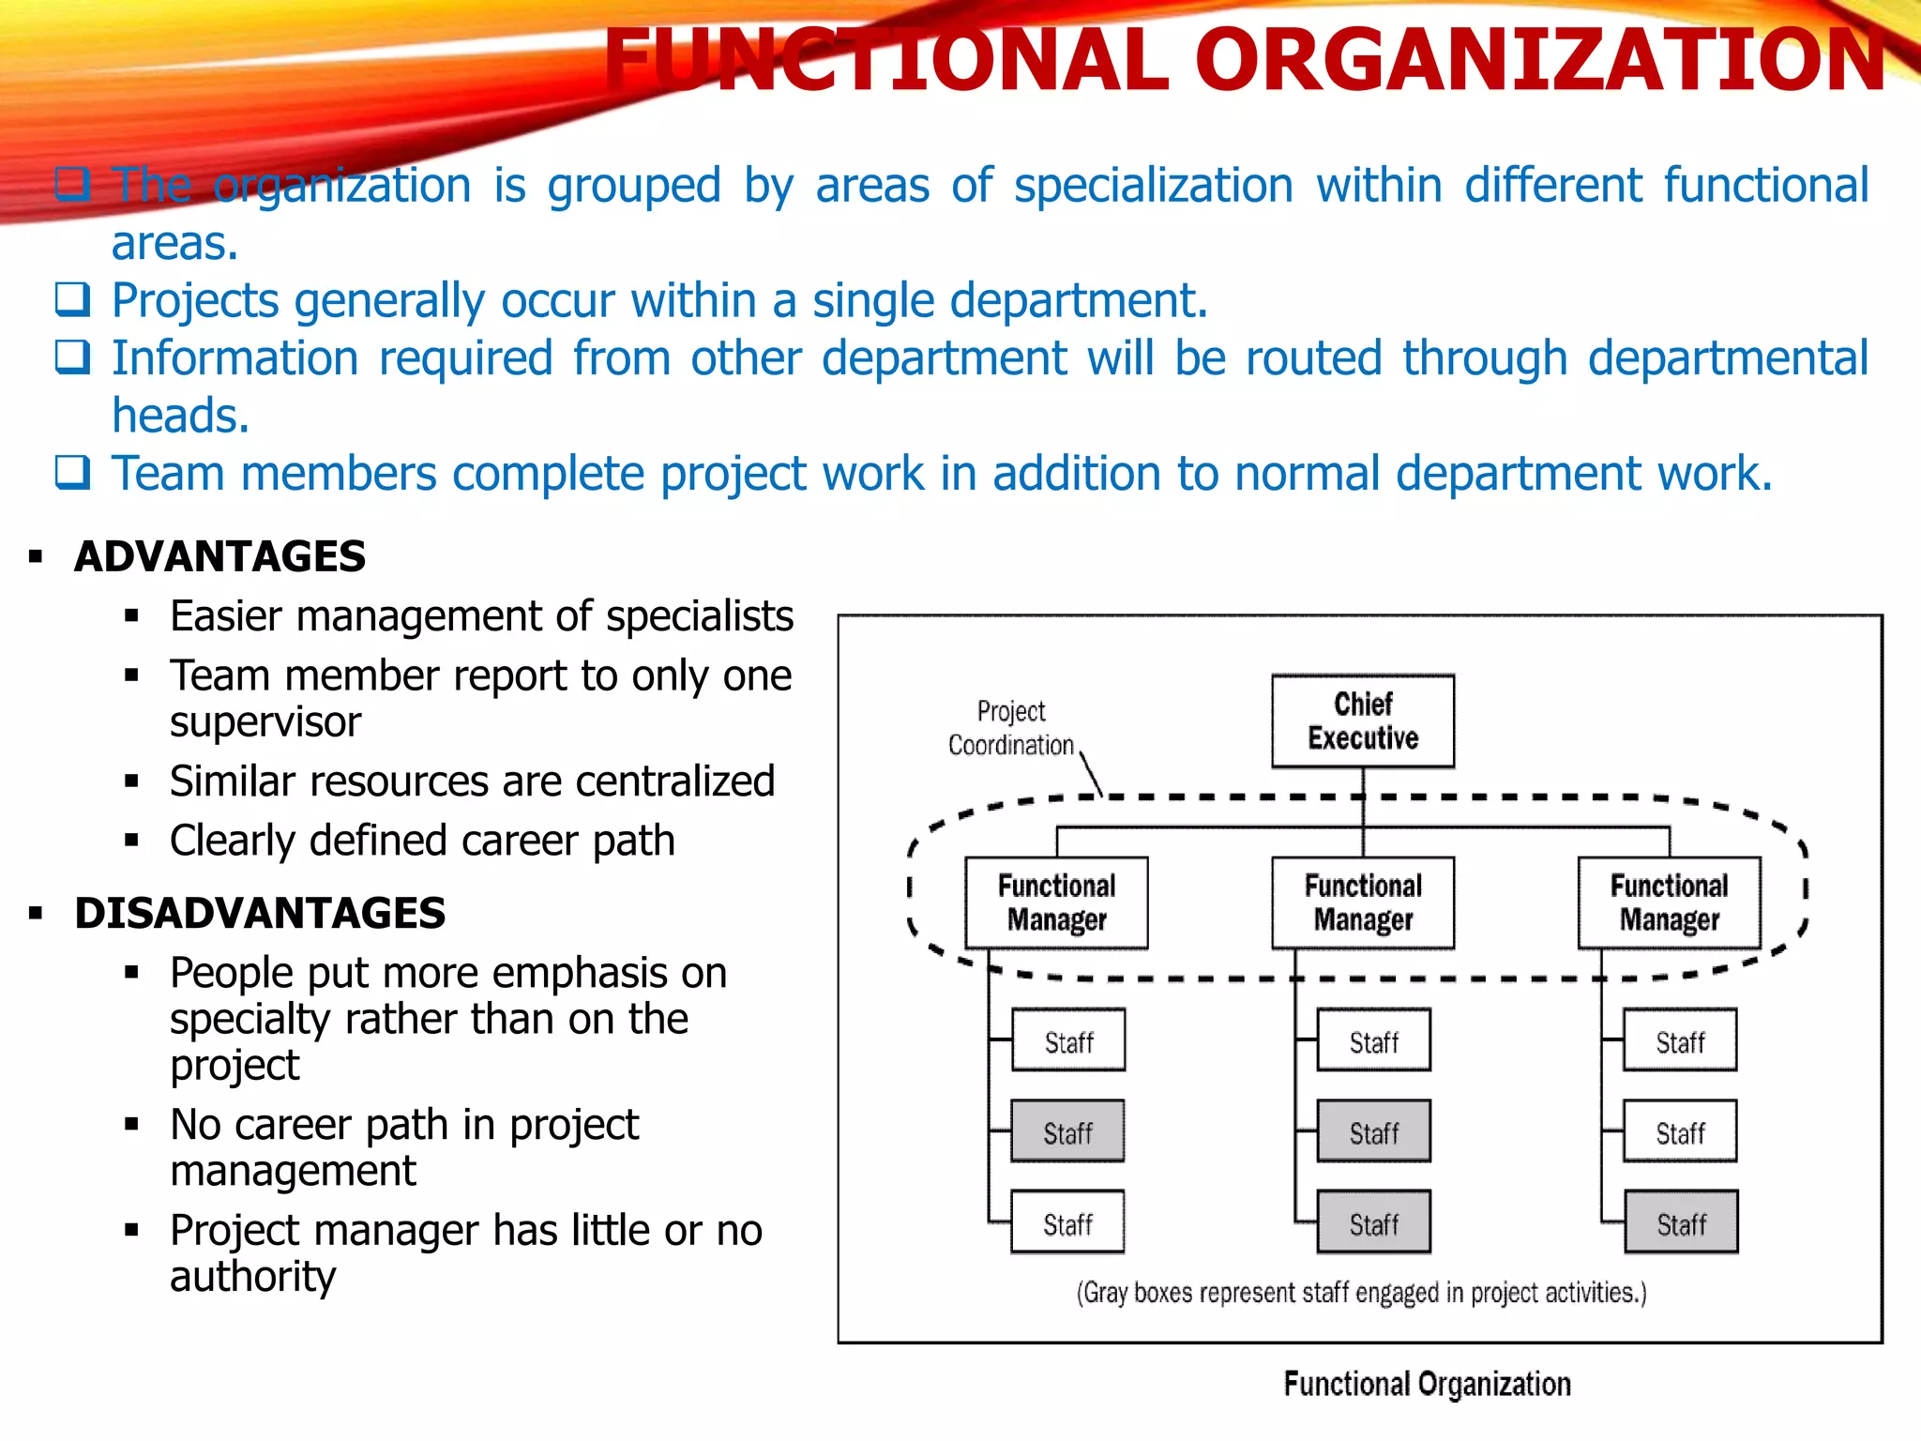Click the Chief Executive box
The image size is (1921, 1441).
click(1362, 720)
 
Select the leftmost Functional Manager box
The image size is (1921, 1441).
click(1056, 903)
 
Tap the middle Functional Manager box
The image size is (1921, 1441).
click(1362, 903)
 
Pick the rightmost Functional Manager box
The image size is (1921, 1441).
click(1669, 903)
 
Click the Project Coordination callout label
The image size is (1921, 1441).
click(1010, 728)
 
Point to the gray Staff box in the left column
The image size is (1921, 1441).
click(1067, 1132)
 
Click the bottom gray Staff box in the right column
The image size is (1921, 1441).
click(1680, 1223)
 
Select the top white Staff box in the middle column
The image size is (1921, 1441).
click(1373, 1041)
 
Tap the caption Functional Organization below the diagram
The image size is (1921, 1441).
click(1426, 1384)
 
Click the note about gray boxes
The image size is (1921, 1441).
click(1361, 1293)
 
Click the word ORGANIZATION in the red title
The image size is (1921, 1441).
click(1538, 60)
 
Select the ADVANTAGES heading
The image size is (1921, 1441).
click(219, 556)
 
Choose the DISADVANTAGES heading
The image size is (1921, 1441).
click(260, 913)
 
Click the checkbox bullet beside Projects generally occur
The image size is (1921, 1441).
click(72, 300)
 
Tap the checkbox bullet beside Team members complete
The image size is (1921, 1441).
click(72, 472)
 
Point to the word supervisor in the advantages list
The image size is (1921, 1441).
click(265, 721)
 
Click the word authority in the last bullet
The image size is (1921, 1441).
click(252, 1276)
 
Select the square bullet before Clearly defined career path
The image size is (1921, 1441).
click(131, 841)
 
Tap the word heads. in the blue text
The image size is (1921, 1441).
click(180, 416)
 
